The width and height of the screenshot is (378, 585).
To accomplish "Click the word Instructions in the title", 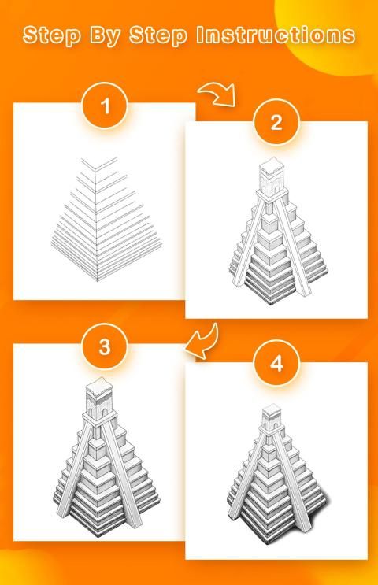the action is [276, 35].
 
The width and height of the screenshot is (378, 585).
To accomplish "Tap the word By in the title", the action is [105, 36].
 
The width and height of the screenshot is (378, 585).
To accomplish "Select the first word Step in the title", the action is [52, 35].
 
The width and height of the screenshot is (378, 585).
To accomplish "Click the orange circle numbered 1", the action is [105, 106].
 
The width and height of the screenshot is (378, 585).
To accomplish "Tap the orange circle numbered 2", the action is [276, 122].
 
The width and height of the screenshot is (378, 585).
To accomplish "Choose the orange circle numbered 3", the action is [105, 346].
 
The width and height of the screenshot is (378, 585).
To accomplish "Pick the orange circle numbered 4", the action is [276, 363].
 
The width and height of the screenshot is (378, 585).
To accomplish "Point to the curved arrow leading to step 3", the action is [202, 342].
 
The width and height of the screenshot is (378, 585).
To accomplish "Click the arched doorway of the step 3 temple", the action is [105, 412].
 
